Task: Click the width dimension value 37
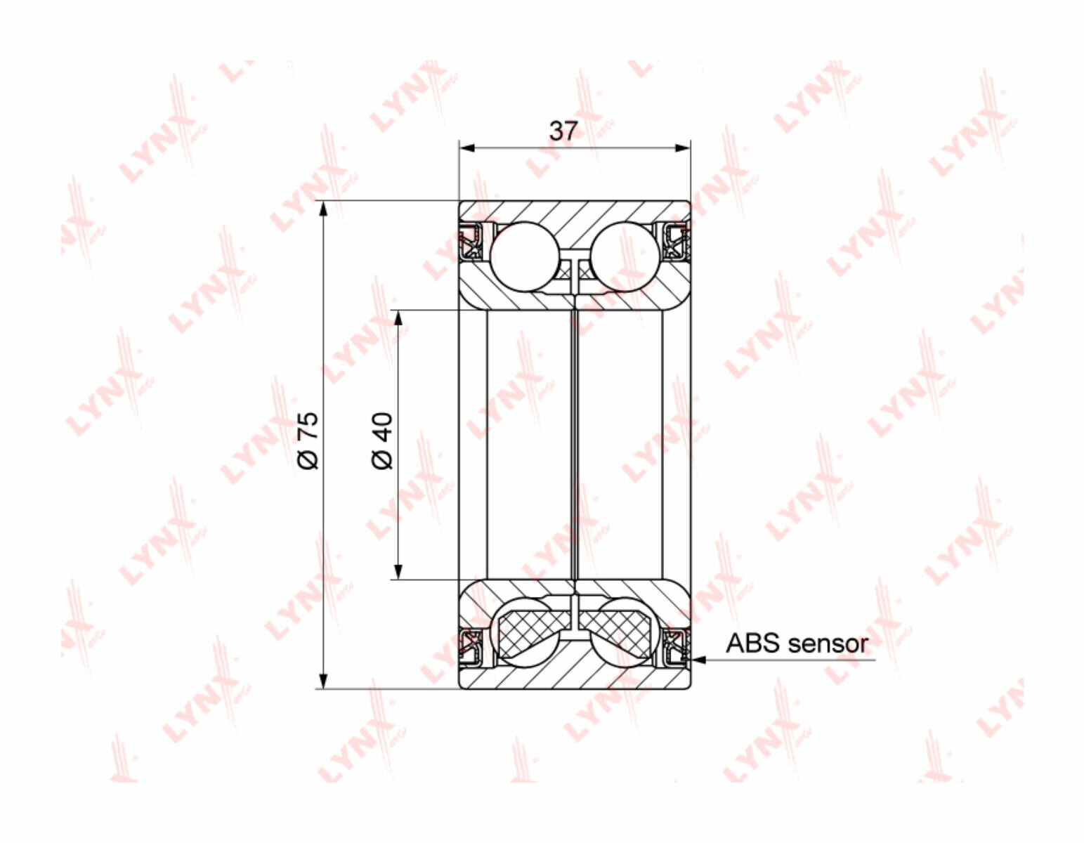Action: (x=563, y=131)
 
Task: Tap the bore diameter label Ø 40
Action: (x=383, y=440)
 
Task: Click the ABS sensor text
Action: (x=797, y=643)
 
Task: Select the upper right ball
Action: (x=625, y=256)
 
